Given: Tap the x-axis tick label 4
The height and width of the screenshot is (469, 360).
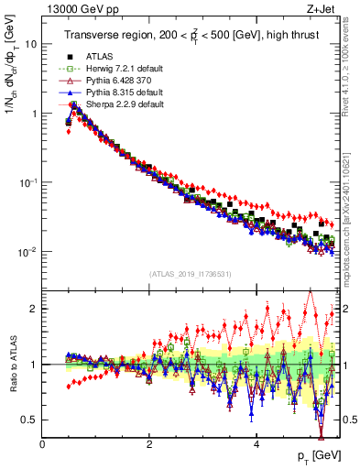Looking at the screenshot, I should [256, 444].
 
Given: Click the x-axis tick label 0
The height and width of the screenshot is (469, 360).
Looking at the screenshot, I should [42, 444].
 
